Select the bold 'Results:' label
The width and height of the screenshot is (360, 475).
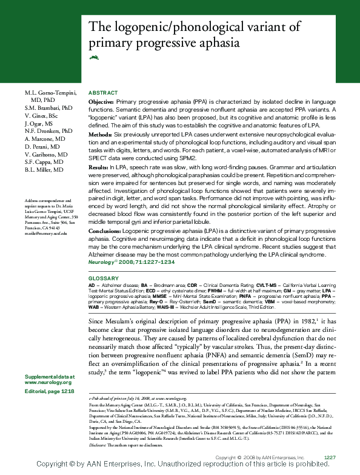99,166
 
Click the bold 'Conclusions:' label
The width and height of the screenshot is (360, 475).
105,231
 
